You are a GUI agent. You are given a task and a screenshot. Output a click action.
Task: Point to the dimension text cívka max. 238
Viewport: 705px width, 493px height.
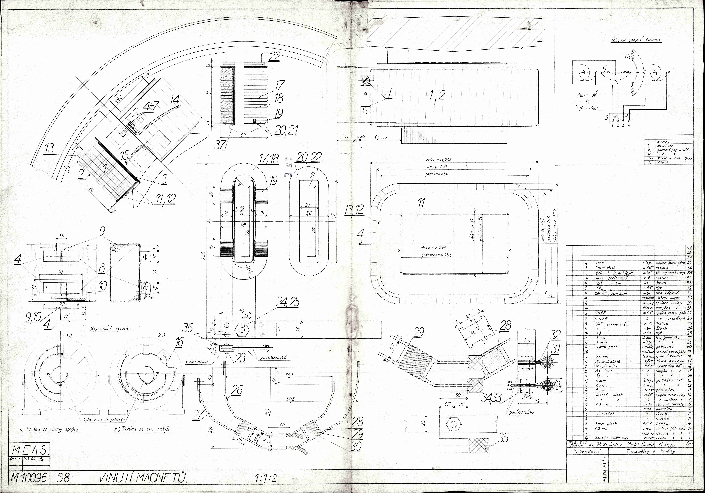coord(438,160)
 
